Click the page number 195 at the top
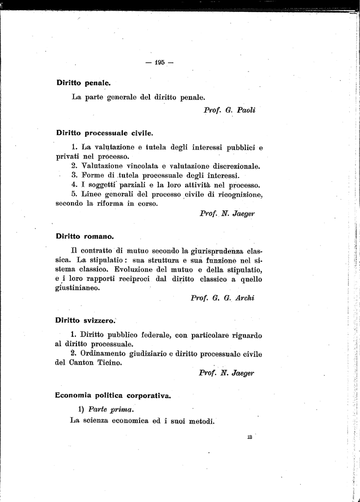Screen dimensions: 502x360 tap(160, 62)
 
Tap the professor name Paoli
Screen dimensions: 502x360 tap(246, 110)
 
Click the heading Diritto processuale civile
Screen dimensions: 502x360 tap(104, 132)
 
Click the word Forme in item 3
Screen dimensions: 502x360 tap(94, 175)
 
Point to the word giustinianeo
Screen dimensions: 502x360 tap(78, 288)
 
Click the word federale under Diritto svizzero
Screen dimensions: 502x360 tap(155, 335)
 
